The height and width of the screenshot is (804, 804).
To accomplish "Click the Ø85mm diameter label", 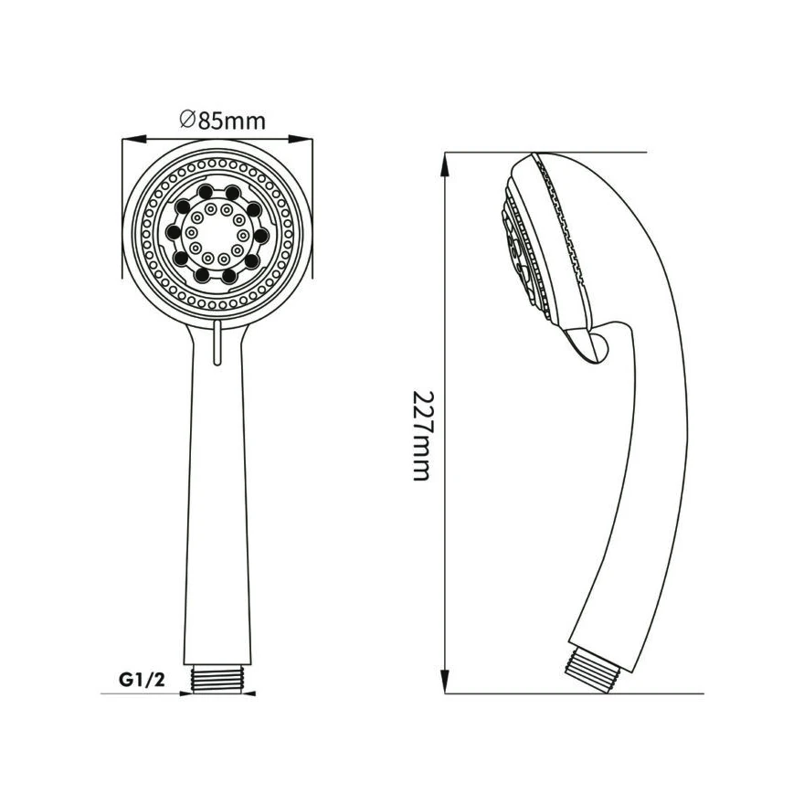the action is point(223,121).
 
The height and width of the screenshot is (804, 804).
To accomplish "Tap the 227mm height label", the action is point(424,436).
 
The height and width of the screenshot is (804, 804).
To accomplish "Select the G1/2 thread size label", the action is point(142,680).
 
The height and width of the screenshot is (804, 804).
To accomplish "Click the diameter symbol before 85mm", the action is point(187,121).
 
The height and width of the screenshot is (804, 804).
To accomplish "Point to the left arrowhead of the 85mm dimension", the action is point(134,139).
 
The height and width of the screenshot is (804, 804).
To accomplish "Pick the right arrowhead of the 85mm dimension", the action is point(301,139).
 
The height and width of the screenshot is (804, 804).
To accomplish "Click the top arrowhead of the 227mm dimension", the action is point(446,165).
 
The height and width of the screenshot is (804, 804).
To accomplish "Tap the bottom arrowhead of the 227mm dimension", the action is point(446,682).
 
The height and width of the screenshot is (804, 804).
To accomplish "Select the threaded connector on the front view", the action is point(217,679).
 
